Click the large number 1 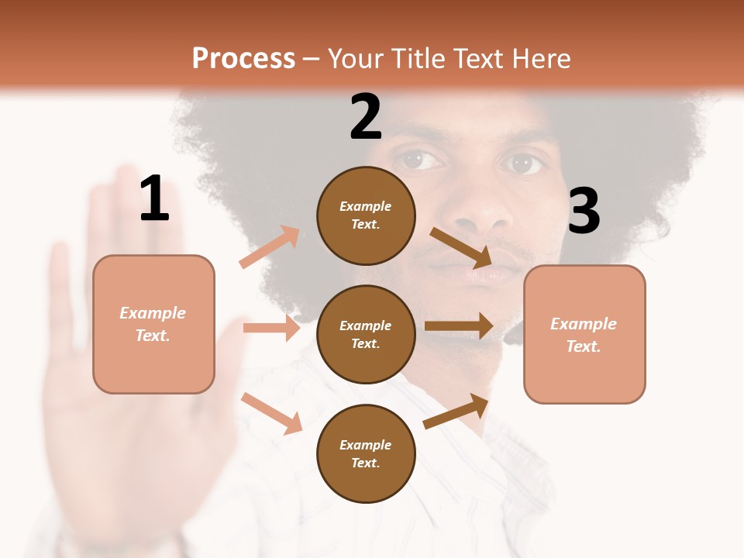point(154,198)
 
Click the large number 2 point(366,117)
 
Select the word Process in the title point(243,58)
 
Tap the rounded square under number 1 point(153,324)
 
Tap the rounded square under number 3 point(584,334)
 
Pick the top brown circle point(366,215)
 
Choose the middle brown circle point(366,334)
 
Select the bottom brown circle point(366,453)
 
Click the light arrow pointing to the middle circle point(271,328)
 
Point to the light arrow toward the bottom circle point(271,413)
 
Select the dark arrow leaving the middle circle point(459,326)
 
